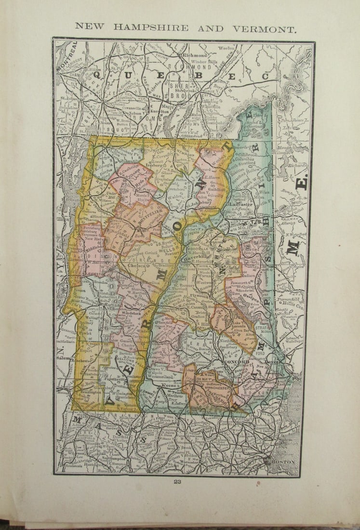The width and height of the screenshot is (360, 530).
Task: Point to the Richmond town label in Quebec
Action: coord(195,55)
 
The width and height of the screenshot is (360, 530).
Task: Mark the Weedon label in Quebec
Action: coord(227,48)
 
